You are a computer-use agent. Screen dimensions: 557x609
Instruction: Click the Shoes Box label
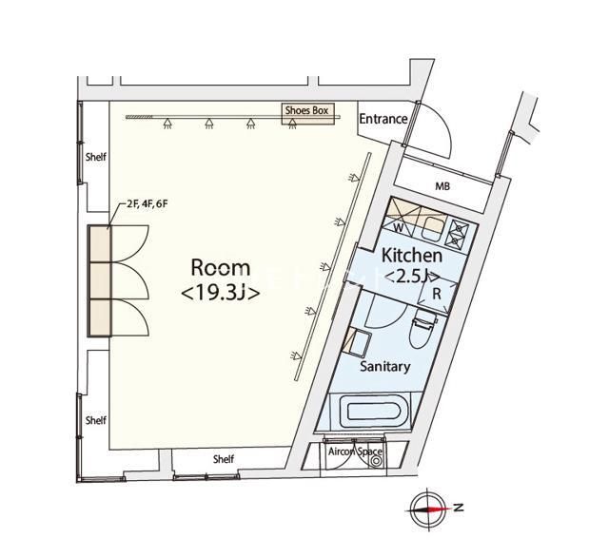coord(306,111)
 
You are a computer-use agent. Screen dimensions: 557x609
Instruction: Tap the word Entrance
coord(383,120)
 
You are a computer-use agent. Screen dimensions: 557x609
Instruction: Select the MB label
coord(442,186)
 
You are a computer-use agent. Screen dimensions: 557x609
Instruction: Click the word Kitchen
coord(411,256)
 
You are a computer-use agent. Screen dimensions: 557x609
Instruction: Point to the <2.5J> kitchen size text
coord(411,277)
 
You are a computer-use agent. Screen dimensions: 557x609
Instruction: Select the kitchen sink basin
coord(431,226)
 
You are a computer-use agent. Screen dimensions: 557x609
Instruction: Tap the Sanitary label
coord(383,366)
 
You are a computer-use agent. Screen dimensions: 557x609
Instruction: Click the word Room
coord(220,267)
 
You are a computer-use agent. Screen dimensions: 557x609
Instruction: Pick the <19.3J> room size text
coord(220,294)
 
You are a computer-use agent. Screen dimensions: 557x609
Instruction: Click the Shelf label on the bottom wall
coord(223,459)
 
